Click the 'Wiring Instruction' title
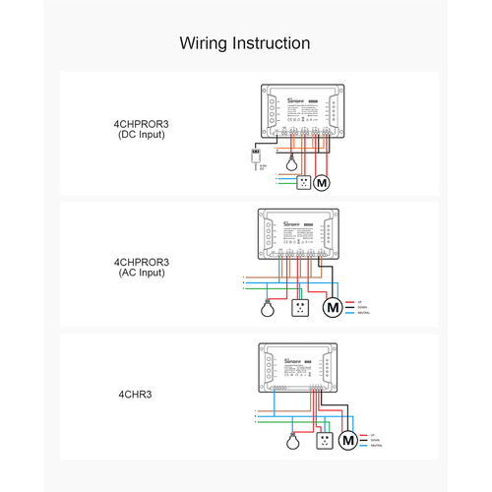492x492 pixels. (x=245, y=44)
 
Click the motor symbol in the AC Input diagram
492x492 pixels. (x=334, y=307)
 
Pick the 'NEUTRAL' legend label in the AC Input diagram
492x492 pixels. (x=365, y=314)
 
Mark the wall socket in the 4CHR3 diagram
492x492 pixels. (x=322, y=440)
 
